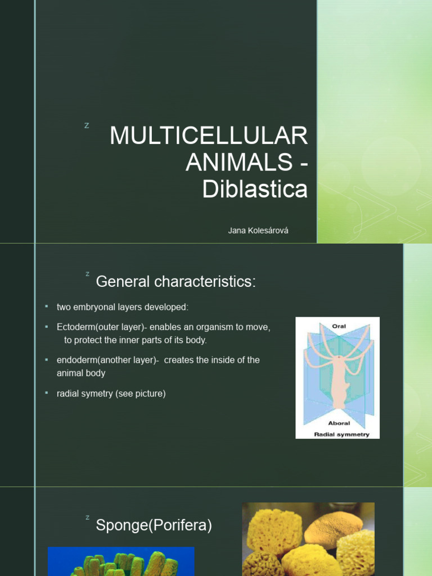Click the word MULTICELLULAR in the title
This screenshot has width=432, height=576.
click(209, 137)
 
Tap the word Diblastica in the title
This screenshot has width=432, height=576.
click(255, 190)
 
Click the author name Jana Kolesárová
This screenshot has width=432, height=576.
click(258, 231)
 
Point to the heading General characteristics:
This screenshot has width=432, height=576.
click(175, 281)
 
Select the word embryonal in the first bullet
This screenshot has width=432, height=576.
click(96, 307)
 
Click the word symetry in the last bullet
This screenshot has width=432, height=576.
click(97, 394)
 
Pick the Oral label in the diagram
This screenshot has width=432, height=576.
click(339, 326)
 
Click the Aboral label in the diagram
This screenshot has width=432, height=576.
click(339, 423)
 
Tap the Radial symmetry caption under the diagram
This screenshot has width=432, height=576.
click(341, 434)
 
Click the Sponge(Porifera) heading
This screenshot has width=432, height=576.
click(154, 525)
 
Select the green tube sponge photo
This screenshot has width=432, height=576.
click(121, 561)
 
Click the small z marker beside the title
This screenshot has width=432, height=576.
click(87, 125)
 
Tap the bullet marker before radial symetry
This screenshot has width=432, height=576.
click(47, 393)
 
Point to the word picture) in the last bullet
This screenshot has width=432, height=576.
click(149, 394)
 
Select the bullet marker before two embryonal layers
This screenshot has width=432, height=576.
click(47, 307)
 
